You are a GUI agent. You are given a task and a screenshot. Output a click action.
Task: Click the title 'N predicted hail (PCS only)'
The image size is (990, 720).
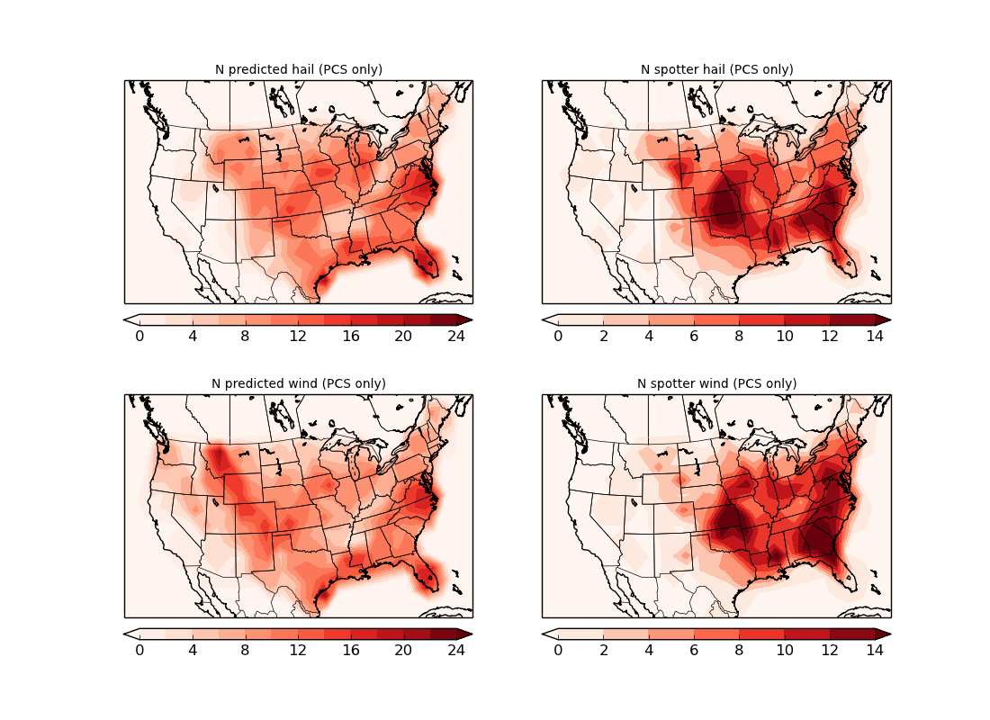tap(298, 69)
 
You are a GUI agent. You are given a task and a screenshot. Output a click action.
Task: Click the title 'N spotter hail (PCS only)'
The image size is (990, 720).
tap(716, 69)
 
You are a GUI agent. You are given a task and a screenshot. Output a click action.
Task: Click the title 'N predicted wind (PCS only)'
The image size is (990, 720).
tap(298, 383)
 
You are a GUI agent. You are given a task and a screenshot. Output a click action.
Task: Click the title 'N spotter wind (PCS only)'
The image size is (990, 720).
tap(716, 383)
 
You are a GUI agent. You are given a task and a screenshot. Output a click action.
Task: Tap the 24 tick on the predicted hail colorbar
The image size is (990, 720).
tap(457, 336)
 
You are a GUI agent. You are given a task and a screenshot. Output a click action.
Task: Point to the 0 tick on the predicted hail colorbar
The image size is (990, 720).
tap(139, 336)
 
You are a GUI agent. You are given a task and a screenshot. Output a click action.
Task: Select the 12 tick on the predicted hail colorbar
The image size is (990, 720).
tap(298, 336)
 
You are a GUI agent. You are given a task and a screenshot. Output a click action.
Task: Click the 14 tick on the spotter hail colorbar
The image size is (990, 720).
tap(875, 336)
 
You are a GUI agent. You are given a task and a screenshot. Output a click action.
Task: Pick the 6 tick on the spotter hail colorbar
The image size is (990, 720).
tap(694, 336)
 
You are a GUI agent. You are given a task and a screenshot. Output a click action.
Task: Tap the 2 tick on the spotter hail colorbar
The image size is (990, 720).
tap(603, 336)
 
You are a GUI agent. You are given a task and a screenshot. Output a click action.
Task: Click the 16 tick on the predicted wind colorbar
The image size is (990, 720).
tap(351, 650)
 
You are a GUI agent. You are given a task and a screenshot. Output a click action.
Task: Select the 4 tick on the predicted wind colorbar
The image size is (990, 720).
tap(193, 650)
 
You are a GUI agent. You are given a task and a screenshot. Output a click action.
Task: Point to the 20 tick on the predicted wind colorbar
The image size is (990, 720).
tap(404, 650)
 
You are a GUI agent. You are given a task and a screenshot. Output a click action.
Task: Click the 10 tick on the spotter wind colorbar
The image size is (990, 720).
tap(785, 650)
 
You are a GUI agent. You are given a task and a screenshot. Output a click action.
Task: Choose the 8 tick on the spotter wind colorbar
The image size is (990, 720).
tap(739, 650)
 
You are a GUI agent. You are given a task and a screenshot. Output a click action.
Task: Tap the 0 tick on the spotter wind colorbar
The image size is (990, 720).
tap(558, 650)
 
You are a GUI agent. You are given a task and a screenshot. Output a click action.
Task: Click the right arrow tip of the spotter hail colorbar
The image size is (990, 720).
tap(889, 319)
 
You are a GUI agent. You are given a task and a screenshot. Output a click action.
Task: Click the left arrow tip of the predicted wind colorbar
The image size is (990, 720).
tap(125, 634)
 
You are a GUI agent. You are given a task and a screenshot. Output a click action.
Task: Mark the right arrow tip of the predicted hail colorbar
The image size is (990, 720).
tap(471, 319)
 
